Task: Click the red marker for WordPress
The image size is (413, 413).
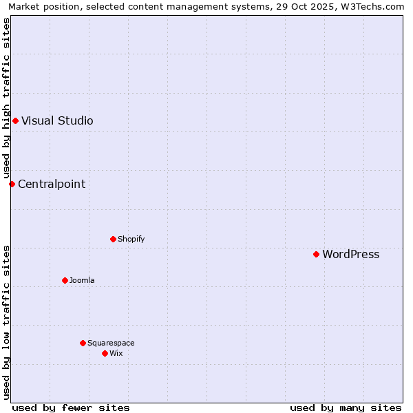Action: point(316,254)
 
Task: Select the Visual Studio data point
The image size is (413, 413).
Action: point(15,120)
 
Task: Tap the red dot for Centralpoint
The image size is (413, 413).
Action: point(12,184)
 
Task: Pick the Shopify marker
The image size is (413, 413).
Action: point(113,239)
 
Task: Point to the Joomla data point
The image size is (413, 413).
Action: point(65,280)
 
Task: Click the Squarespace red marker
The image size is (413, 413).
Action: point(83,343)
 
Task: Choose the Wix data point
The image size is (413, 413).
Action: point(105,353)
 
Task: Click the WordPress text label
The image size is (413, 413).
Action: point(350,254)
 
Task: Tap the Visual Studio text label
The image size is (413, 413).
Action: point(57,120)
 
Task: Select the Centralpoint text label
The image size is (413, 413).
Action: point(52,184)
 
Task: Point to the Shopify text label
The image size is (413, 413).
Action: point(131,239)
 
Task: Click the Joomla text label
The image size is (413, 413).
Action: point(82,280)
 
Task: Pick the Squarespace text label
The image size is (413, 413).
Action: point(111,343)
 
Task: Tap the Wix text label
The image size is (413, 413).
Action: point(116,353)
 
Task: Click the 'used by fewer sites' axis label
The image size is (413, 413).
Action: point(71,407)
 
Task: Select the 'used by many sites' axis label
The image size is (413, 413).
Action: point(346,407)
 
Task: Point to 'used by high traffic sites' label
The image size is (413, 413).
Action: point(6,98)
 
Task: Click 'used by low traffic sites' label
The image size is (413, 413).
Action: point(6,322)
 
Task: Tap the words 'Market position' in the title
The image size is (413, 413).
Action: point(41,6)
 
